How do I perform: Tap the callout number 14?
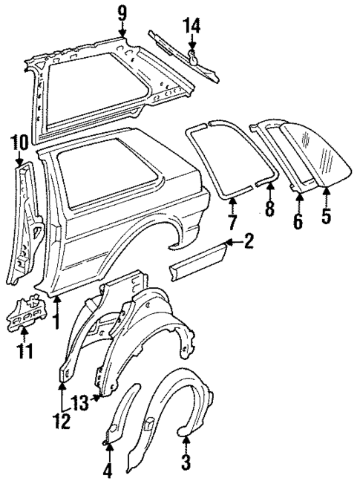[x=192, y=27]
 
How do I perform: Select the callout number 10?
[x=19, y=140]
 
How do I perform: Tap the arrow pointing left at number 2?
[x=231, y=242]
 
